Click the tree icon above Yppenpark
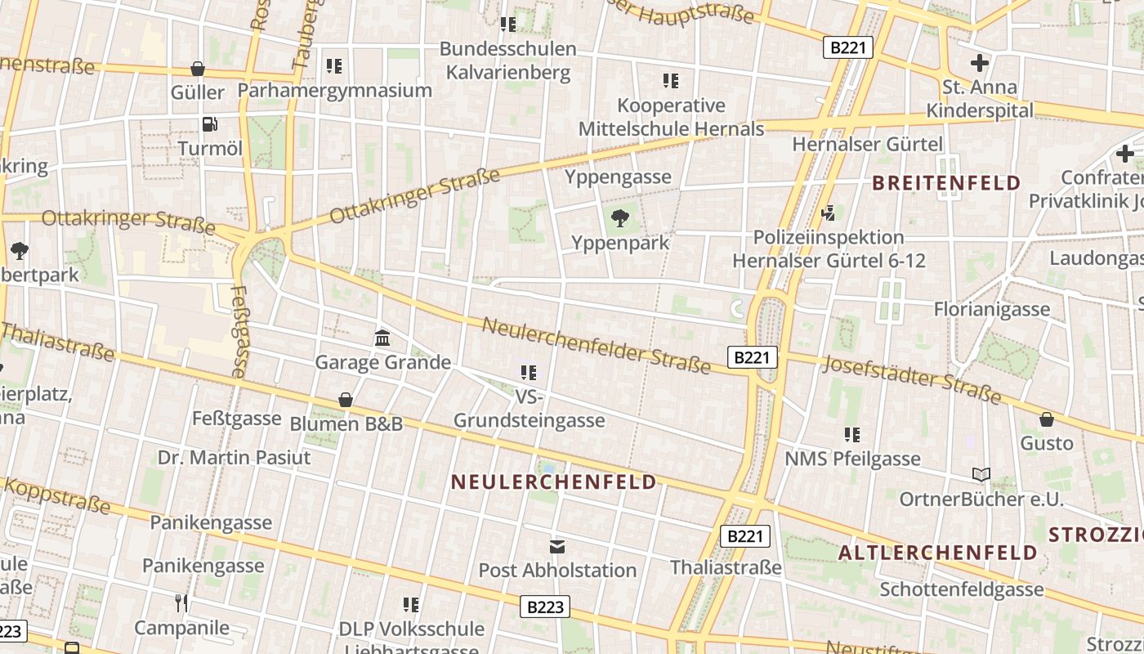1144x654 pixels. pyautogui.click(x=620, y=217)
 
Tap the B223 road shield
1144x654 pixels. pyautogui.click(x=545, y=607)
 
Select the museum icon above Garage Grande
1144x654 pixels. pyautogui.click(x=382, y=338)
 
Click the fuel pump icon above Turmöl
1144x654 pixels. pyautogui.click(x=210, y=124)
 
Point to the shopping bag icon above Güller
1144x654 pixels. pyautogui.click(x=197, y=69)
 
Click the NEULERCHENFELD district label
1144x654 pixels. pyautogui.click(x=553, y=482)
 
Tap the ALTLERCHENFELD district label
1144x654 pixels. pyautogui.click(x=937, y=553)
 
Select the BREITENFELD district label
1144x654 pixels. pyautogui.click(x=946, y=182)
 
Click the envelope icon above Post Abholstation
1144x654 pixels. pyautogui.click(x=557, y=546)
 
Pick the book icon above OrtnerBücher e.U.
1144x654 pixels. pyautogui.click(x=981, y=475)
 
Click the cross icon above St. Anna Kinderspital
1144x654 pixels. pyautogui.click(x=979, y=63)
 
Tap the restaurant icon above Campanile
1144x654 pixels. pyautogui.click(x=181, y=603)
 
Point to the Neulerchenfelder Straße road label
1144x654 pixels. pyautogui.click(x=596, y=345)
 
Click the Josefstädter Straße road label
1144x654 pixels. pyautogui.click(x=911, y=379)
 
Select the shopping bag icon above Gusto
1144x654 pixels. pyautogui.click(x=1046, y=419)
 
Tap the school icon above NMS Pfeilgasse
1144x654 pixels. pyautogui.click(x=852, y=435)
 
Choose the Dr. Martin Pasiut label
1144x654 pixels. pyautogui.click(x=235, y=457)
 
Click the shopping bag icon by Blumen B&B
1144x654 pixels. pyautogui.click(x=346, y=400)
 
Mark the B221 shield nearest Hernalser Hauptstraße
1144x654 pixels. pyautogui.click(x=847, y=47)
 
